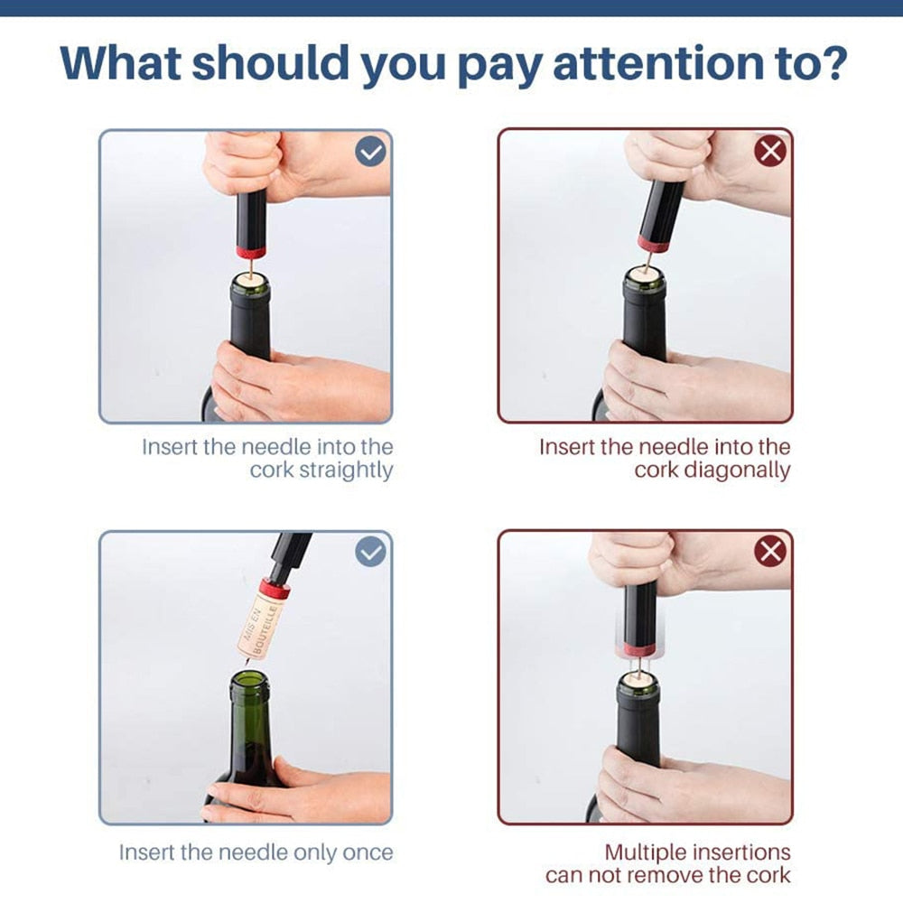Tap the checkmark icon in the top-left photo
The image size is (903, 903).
coord(370,152)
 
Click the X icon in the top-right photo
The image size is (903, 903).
coord(770,151)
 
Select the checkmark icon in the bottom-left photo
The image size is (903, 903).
coord(370,551)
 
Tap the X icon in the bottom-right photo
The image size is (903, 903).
coord(770,551)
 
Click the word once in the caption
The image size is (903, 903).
coord(368,852)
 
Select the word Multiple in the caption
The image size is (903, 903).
coord(647,852)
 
